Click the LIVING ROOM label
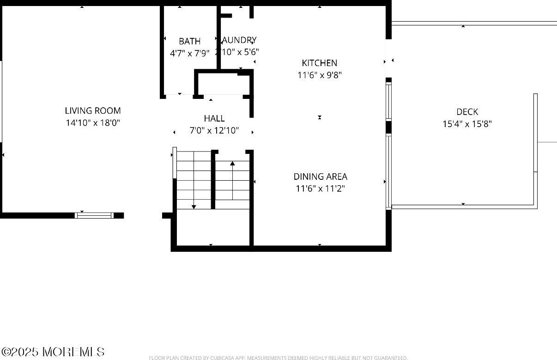pos(92,110)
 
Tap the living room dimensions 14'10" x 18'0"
pos(92,123)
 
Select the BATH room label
pos(189,41)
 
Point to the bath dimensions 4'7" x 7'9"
pos(189,53)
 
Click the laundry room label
pos(239,40)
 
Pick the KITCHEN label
pos(319,63)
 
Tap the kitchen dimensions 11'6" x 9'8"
pos(319,75)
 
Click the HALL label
pos(214,119)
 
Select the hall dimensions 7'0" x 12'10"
pos(214,131)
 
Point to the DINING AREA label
pos(320,177)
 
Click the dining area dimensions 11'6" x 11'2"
pos(320,189)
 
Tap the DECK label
pos(467,112)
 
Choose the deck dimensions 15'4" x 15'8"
pos(467,124)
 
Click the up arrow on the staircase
pos(232,163)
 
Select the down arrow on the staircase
pos(194,206)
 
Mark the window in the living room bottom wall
pos(94,215)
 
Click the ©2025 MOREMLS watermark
pos(53,352)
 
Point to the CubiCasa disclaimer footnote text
pos(278,358)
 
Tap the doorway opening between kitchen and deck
pos(388,60)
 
